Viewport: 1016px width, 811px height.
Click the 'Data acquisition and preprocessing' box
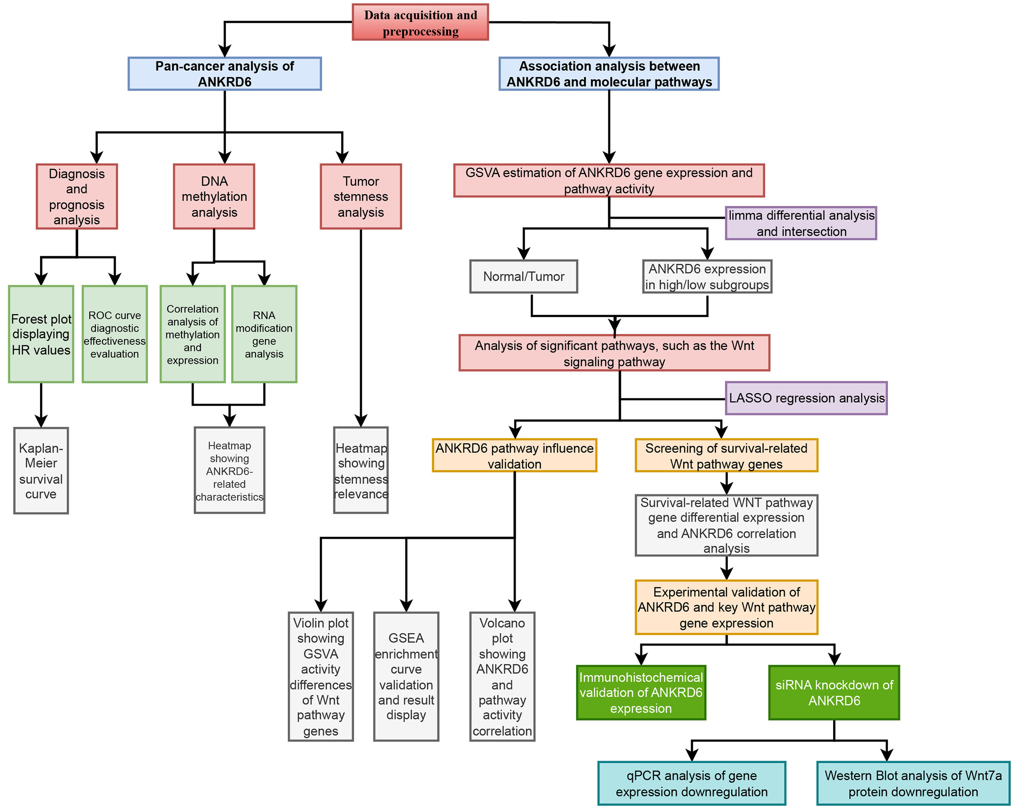click(x=420, y=22)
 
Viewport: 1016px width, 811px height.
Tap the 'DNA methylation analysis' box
click(x=214, y=196)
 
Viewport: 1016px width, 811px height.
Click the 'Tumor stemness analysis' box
click(x=360, y=196)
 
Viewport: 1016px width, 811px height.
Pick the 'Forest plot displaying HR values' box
click(x=41, y=334)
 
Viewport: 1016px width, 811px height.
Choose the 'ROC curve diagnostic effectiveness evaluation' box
click(x=114, y=334)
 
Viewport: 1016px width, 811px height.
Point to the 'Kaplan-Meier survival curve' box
click(x=41, y=471)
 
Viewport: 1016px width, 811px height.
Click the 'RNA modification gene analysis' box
click(x=264, y=334)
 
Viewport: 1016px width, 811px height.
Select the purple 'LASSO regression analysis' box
click(x=806, y=398)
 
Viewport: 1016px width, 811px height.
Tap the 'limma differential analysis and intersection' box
click(x=800, y=223)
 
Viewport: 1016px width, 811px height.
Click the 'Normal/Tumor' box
click(x=523, y=276)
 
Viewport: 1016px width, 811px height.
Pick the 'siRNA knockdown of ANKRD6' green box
click(x=834, y=692)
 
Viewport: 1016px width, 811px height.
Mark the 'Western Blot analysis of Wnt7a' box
click(x=913, y=783)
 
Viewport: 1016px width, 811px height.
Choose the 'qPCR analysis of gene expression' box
click(x=691, y=783)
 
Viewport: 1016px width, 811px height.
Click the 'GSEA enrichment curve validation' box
click(x=406, y=676)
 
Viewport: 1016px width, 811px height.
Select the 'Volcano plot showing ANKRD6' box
click(x=502, y=676)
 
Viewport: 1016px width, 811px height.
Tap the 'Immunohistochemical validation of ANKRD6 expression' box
click(x=640, y=692)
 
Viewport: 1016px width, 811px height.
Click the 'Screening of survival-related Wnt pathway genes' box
click(x=726, y=456)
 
